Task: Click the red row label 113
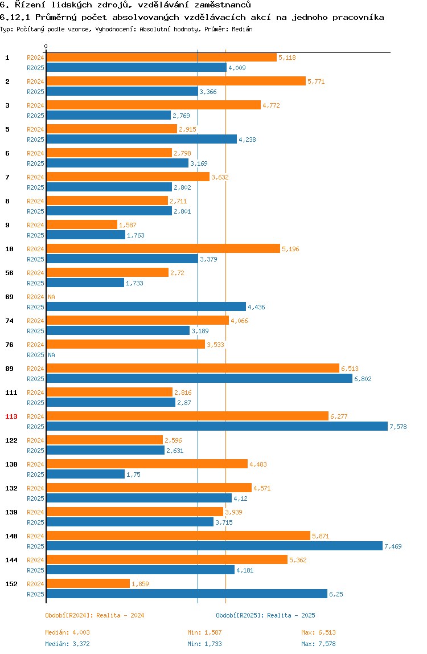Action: pyautogui.click(x=11, y=416)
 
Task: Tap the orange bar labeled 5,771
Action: pyautogui.click(x=176, y=81)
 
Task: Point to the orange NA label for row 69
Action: pyautogui.click(x=51, y=297)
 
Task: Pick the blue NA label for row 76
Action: pyautogui.click(x=51, y=355)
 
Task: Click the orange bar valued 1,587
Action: pyautogui.click(x=81, y=224)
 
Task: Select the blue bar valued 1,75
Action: pyautogui.click(x=85, y=474)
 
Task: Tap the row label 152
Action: pyautogui.click(x=11, y=584)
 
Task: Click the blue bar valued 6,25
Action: pyautogui.click(x=187, y=594)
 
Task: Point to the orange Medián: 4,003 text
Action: pyautogui.click(x=67, y=632)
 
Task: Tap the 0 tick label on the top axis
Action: pyautogui.click(x=46, y=46)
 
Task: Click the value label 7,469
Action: pyautogui.click(x=393, y=546)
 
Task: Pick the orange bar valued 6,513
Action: pyautogui.click(x=192, y=368)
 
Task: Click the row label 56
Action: pyautogui.click(x=9, y=273)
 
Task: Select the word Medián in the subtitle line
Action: pyautogui.click(x=242, y=28)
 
